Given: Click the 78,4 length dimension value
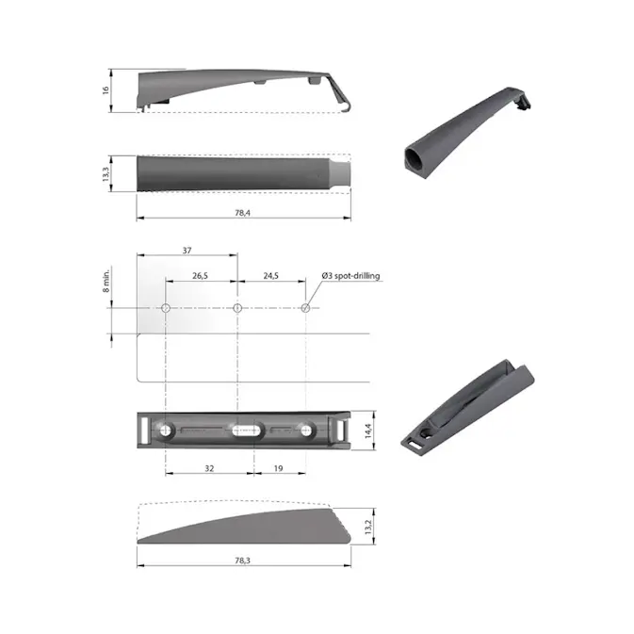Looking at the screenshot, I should click(x=243, y=212).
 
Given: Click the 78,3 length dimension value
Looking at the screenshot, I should click(x=243, y=560).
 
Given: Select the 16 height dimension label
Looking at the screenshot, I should click(x=106, y=90).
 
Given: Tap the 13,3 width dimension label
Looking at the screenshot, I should click(x=106, y=173).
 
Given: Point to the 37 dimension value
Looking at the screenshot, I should click(x=187, y=250).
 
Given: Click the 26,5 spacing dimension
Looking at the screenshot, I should click(x=201, y=276).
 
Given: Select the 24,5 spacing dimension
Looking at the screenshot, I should click(x=271, y=276).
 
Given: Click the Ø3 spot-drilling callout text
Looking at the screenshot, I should click(x=350, y=276).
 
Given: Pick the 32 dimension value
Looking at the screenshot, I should click(x=207, y=468).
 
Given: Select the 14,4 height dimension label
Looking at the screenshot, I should click(x=369, y=430).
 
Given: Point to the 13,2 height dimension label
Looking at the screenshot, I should click(x=369, y=524).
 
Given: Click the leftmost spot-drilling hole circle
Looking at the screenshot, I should click(x=166, y=308).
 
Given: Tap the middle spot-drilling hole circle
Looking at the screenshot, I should click(x=237, y=308).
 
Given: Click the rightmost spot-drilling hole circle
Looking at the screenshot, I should click(x=305, y=308).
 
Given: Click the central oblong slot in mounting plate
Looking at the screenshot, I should click(x=243, y=431).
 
